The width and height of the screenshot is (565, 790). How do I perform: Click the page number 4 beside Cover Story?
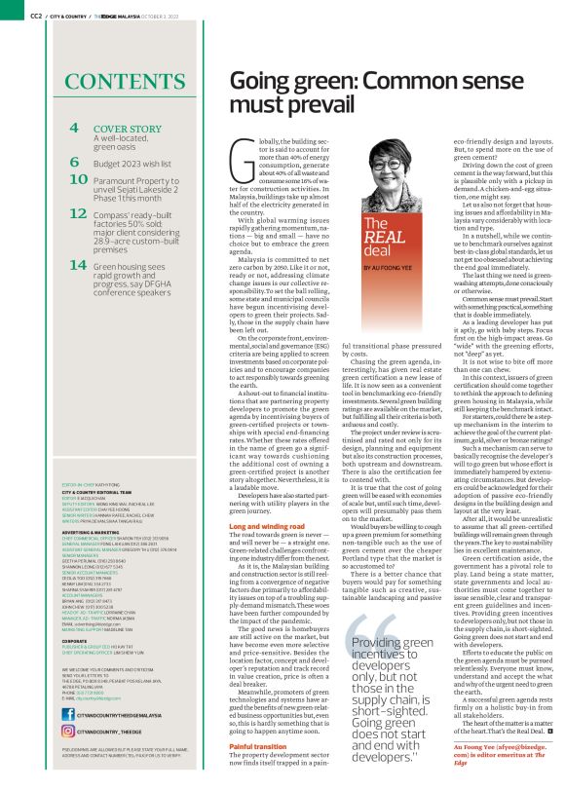point(75,129)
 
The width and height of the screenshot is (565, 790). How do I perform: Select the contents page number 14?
point(80,264)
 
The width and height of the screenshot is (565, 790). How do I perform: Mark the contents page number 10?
point(80,180)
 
